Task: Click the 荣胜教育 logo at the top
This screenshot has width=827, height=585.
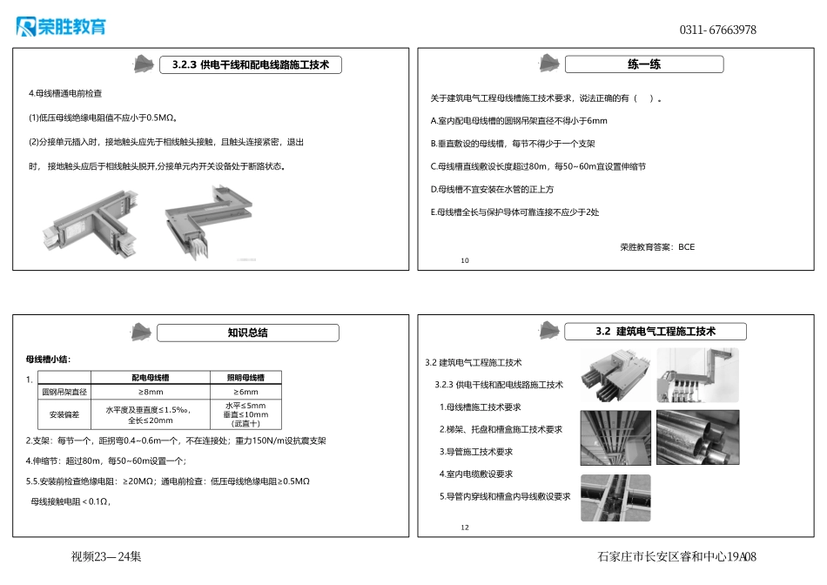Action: point(61,27)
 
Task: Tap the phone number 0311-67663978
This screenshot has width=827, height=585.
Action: point(717,30)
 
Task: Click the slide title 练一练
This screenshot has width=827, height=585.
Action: point(644,64)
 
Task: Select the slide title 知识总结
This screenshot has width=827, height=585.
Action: point(248,333)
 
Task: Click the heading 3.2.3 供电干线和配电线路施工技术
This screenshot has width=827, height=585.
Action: point(251,64)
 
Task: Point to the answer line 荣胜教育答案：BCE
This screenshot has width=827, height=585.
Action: point(657,247)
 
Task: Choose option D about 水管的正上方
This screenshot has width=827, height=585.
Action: point(493,189)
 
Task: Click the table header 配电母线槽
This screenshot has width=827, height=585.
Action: point(151,378)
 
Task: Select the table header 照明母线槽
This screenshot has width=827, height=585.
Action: point(246,378)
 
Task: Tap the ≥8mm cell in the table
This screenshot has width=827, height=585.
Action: point(151,392)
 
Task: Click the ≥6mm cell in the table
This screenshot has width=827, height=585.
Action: point(246,392)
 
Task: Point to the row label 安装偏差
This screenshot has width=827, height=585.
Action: point(64,414)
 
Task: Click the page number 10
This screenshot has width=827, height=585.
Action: point(464,260)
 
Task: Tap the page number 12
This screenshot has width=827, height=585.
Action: point(464,528)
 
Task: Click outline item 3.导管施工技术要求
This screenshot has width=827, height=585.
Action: point(476,452)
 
